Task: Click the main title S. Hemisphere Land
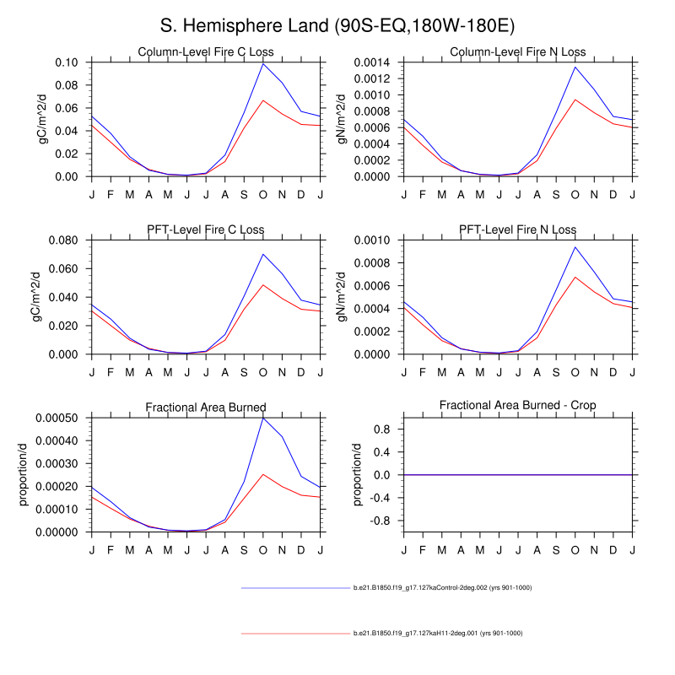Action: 337,25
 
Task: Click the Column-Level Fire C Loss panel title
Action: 206,53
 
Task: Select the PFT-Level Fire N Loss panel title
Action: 518,229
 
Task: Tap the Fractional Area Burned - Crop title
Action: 518,406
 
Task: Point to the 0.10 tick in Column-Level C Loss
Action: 67,62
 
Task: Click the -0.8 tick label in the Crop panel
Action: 382,521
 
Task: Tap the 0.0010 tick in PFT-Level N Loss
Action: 375,240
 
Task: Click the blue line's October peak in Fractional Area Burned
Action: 262,418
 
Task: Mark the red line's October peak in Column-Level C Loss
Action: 262,100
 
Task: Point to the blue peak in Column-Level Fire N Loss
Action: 575,67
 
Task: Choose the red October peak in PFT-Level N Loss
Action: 575,277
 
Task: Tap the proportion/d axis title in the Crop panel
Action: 356,475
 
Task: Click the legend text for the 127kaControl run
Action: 442,587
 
